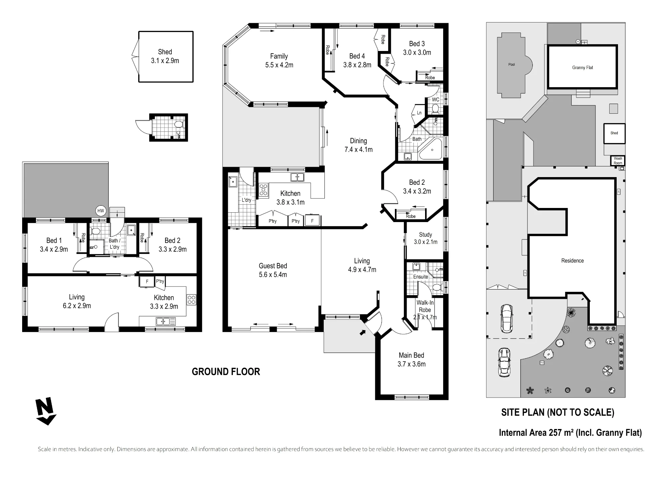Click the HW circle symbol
(x=101, y=211)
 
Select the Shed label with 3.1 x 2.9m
(x=165, y=56)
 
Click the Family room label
(x=279, y=61)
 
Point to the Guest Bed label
(x=273, y=270)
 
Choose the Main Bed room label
(x=411, y=360)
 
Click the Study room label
(x=425, y=238)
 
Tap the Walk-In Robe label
(x=425, y=310)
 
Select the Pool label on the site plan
(x=511, y=64)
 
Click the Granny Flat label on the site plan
(x=582, y=67)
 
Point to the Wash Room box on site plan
(x=618, y=161)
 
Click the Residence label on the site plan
(x=572, y=261)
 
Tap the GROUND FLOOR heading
(x=226, y=372)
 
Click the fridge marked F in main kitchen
(x=312, y=221)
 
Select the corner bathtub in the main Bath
(x=431, y=149)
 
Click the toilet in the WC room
(x=435, y=108)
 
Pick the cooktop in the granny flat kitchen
(x=191, y=300)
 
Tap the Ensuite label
(x=420, y=277)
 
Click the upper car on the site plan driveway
(x=506, y=318)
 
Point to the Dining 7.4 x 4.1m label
(x=358, y=145)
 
